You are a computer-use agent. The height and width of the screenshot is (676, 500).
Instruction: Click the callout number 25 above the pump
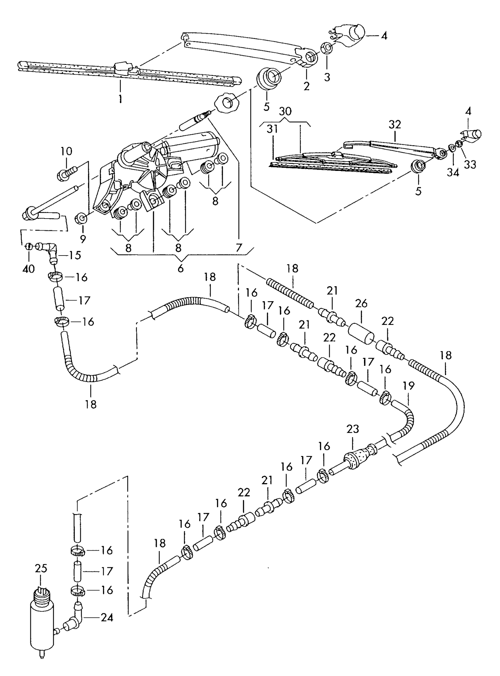(41, 568)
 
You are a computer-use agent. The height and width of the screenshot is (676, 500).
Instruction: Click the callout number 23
(353, 429)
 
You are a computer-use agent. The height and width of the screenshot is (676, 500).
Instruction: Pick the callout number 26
(361, 304)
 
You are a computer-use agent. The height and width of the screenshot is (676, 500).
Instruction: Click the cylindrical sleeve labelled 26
(361, 334)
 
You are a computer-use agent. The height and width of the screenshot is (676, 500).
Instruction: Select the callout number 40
(29, 269)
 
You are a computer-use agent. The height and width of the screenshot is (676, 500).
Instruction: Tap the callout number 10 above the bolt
(66, 151)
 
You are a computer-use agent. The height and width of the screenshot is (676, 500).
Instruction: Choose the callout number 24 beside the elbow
(107, 617)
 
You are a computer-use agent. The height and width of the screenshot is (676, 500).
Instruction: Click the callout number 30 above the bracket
(285, 111)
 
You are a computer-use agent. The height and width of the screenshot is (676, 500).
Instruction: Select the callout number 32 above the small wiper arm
(395, 124)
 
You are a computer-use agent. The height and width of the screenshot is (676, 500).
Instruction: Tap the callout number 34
(453, 172)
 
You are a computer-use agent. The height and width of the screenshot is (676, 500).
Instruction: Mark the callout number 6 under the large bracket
(180, 268)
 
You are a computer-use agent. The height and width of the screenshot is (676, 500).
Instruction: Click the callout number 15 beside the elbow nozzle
(75, 255)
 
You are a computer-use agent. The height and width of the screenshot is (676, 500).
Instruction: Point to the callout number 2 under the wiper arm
(306, 86)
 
